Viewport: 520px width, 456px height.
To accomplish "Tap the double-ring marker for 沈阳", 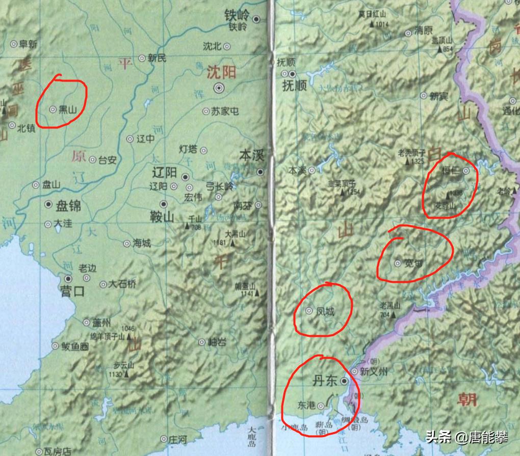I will (220, 88).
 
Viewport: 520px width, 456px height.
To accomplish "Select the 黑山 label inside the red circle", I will (67, 109).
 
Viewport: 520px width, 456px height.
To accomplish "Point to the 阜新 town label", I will (28, 44).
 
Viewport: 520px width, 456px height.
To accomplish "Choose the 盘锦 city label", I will (68, 205).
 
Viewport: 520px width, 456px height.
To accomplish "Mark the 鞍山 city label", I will (162, 218).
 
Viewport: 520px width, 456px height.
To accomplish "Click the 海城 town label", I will (142, 244).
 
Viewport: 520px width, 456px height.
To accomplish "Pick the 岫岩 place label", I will (217, 342).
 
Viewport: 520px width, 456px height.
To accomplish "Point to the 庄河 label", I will (178, 439).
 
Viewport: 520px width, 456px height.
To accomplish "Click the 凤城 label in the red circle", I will (325, 311).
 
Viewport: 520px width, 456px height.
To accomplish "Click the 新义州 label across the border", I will (374, 371).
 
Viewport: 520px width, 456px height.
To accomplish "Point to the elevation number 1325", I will (417, 162).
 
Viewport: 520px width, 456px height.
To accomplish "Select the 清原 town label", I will (424, 31).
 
